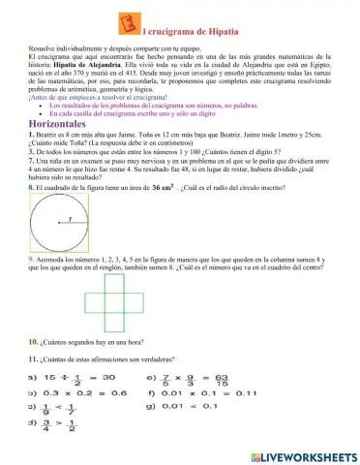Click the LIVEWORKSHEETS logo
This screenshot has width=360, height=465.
[300, 454]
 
